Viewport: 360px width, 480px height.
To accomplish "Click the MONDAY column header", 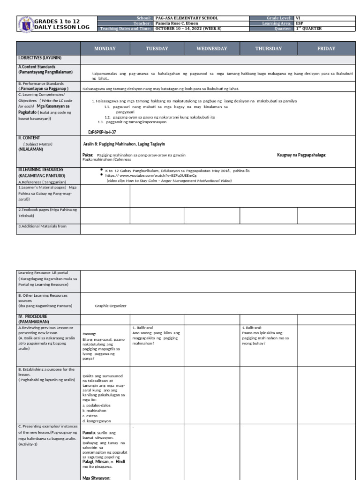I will [105, 49].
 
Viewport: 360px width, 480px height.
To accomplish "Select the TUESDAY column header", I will [157, 49].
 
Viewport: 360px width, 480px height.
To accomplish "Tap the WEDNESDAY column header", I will [211, 49].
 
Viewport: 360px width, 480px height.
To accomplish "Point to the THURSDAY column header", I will [268, 49].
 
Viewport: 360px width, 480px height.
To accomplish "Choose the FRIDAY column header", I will [326, 49].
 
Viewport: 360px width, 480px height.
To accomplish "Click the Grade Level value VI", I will [298, 18].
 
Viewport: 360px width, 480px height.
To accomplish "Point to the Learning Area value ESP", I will [299, 23].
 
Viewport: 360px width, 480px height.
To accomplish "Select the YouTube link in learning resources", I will [141, 175].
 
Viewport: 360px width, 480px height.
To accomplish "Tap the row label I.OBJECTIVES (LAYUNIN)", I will [40, 58].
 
